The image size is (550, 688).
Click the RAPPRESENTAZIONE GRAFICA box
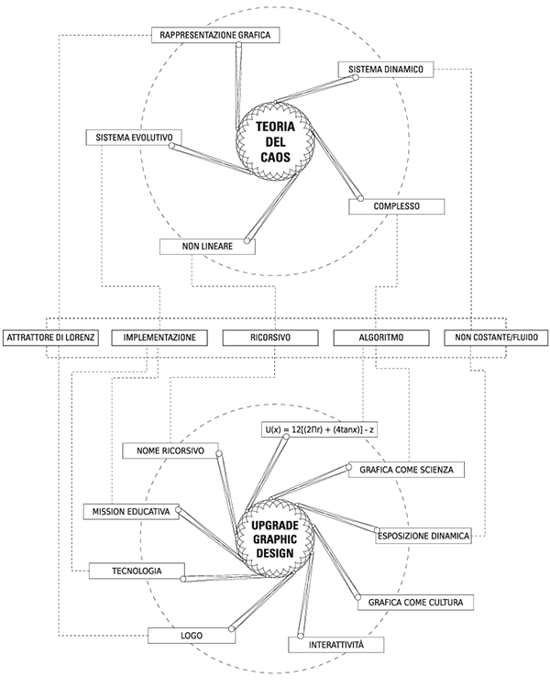click(x=215, y=35)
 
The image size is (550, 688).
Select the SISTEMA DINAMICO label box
click(x=386, y=70)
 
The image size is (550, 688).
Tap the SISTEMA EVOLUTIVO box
click(x=134, y=138)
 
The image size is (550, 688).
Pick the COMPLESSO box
click(x=397, y=206)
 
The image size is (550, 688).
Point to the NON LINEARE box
click(x=207, y=246)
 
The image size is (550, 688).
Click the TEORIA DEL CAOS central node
click(x=275, y=141)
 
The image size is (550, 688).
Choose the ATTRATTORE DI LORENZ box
click(x=51, y=338)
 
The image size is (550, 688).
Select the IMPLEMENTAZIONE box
click(x=159, y=338)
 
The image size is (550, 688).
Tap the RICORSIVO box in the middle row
click(x=270, y=338)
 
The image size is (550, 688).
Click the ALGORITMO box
click(x=381, y=338)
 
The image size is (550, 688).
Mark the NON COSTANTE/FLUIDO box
click(x=496, y=338)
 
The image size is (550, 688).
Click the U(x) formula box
click(x=319, y=430)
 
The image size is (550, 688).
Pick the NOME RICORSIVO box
click(x=170, y=450)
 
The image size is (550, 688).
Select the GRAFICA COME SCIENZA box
click(x=407, y=470)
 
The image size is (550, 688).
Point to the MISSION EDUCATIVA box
click(x=131, y=512)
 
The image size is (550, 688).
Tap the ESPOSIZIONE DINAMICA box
click(x=423, y=536)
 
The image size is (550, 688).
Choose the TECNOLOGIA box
click(x=137, y=571)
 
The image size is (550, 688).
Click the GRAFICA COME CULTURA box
click(x=416, y=602)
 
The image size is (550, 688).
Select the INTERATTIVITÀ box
click(x=336, y=645)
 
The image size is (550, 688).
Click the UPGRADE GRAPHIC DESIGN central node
click(x=275, y=538)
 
